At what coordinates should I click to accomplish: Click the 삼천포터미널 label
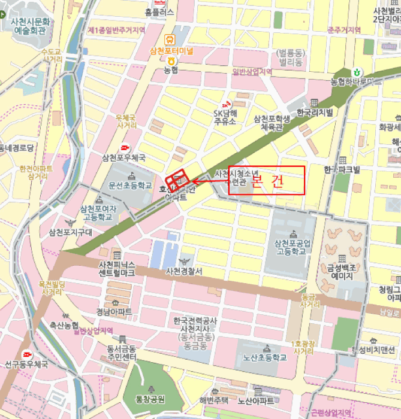pos(171,51)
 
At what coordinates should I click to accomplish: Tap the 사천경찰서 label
pos(185,271)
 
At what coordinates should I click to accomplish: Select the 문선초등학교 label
pos(131,186)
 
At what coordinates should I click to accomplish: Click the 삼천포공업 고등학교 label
pos(293,247)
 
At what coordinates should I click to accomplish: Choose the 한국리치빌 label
pos(315,113)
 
